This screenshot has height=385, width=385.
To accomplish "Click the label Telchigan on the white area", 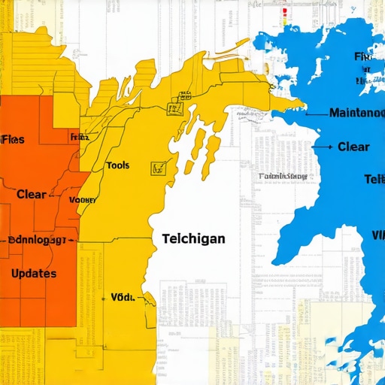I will click(x=193, y=238).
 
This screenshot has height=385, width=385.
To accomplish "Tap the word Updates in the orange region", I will click(x=34, y=273).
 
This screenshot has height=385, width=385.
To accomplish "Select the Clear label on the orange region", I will click(x=31, y=194).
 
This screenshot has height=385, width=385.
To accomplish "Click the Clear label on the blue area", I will click(x=353, y=147).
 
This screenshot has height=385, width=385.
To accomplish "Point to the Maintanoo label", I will click(x=356, y=113).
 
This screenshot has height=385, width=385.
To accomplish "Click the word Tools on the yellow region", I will click(x=118, y=165).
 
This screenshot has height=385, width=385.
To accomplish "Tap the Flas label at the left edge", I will click(x=12, y=138).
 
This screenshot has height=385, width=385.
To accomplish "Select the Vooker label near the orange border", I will click(x=82, y=200).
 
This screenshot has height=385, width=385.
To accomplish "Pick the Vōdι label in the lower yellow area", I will click(x=122, y=297).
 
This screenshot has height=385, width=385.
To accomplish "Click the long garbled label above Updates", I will click(x=38, y=241).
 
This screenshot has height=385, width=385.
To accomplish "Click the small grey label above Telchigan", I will click(x=283, y=177).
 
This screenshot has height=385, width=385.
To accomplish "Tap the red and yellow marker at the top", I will click(x=285, y=13).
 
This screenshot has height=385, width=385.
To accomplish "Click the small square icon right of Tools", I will click(x=158, y=167).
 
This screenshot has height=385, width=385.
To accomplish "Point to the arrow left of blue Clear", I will click(x=324, y=147).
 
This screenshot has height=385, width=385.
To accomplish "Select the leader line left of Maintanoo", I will click(x=316, y=113).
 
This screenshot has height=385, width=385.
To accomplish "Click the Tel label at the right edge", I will click(x=374, y=179).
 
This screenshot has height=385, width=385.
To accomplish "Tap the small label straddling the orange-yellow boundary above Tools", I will click(x=78, y=138).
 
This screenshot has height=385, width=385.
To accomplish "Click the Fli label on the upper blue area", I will click(x=363, y=56).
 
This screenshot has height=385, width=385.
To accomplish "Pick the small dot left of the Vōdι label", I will click(x=105, y=298).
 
